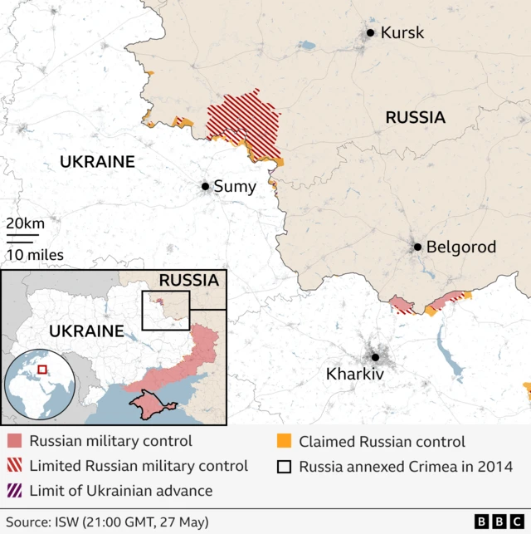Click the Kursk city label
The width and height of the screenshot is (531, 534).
pos(402,33)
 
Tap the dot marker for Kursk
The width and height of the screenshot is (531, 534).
pos(370,33)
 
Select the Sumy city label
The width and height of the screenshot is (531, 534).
pos(235,187)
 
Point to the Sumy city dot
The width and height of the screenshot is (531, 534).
pos(205,187)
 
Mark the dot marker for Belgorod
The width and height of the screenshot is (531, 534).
pos(418,247)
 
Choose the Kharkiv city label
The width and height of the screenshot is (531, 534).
pos(355,375)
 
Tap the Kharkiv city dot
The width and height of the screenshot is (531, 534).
pos(375,358)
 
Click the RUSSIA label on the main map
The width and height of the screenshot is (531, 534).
pos(415,118)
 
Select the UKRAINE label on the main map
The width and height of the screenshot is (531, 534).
pos(97,162)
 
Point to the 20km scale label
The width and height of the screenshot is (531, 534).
pos(25,223)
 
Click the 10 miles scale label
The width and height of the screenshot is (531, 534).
pos(35,255)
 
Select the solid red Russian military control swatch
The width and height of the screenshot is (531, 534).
pos(14,442)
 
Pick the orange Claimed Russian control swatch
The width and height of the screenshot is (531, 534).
pos(284,442)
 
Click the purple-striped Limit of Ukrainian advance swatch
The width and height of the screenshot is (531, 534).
pos(14,491)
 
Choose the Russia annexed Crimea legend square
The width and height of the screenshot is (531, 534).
pos(284,467)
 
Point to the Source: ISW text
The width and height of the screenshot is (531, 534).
pos(105,522)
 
